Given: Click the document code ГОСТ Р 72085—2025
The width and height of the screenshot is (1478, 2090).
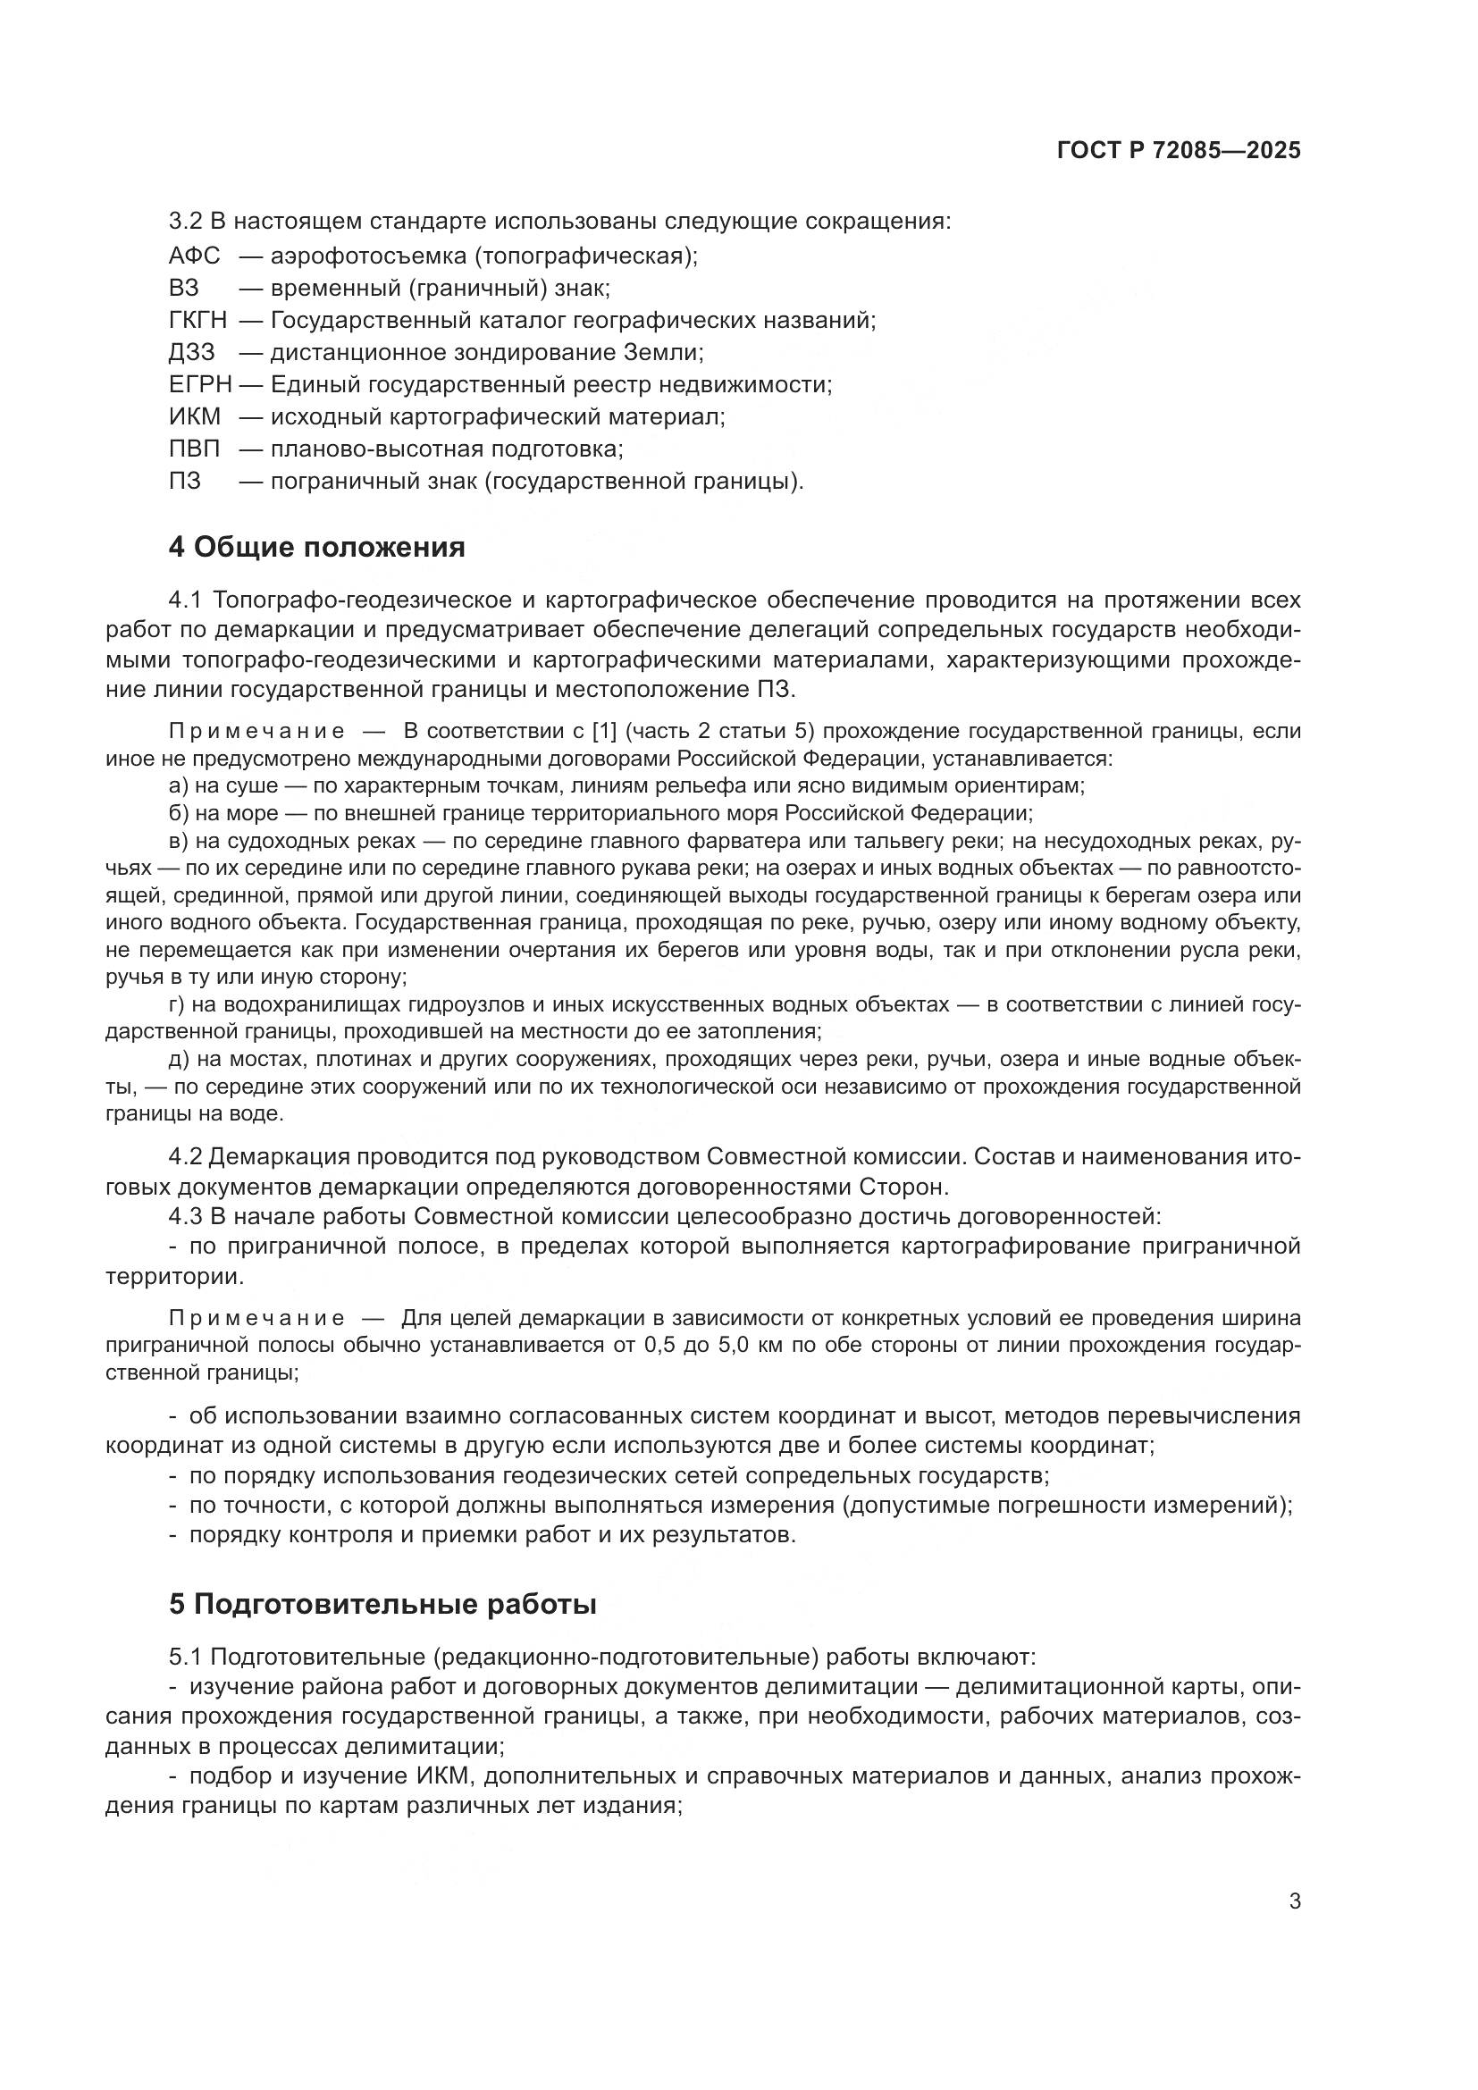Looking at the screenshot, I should [x=1179, y=150].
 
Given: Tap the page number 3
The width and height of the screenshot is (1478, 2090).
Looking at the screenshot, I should [x=1294, y=1901].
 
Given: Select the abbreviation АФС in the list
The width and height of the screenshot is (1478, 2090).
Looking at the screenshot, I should [x=195, y=256].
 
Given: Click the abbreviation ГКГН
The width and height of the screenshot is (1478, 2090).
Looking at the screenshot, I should [x=198, y=321].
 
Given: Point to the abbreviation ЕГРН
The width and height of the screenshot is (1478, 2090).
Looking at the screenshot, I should [x=200, y=384].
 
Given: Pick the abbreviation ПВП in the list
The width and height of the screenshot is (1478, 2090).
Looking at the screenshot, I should [x=195, y=449].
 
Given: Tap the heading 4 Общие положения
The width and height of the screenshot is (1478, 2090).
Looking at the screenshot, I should [x=316, y=547].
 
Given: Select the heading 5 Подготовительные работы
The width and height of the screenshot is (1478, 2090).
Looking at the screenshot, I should [x=382, y=1604].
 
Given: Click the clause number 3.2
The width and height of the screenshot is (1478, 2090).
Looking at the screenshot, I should [x=186, y=222].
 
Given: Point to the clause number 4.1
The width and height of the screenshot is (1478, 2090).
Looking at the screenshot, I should [x=186, y=600].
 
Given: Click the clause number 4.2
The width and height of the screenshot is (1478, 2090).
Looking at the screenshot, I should [x=186, y=1157].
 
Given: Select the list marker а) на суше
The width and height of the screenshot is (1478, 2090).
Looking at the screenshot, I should [x=179, y=785].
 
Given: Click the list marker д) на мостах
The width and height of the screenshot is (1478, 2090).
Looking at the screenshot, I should [x=179, y=1060].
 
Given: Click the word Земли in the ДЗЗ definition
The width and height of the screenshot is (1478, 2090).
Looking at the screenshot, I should [x=660, y=352].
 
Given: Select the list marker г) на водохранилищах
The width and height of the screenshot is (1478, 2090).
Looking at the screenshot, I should [x=178, y=1005].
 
